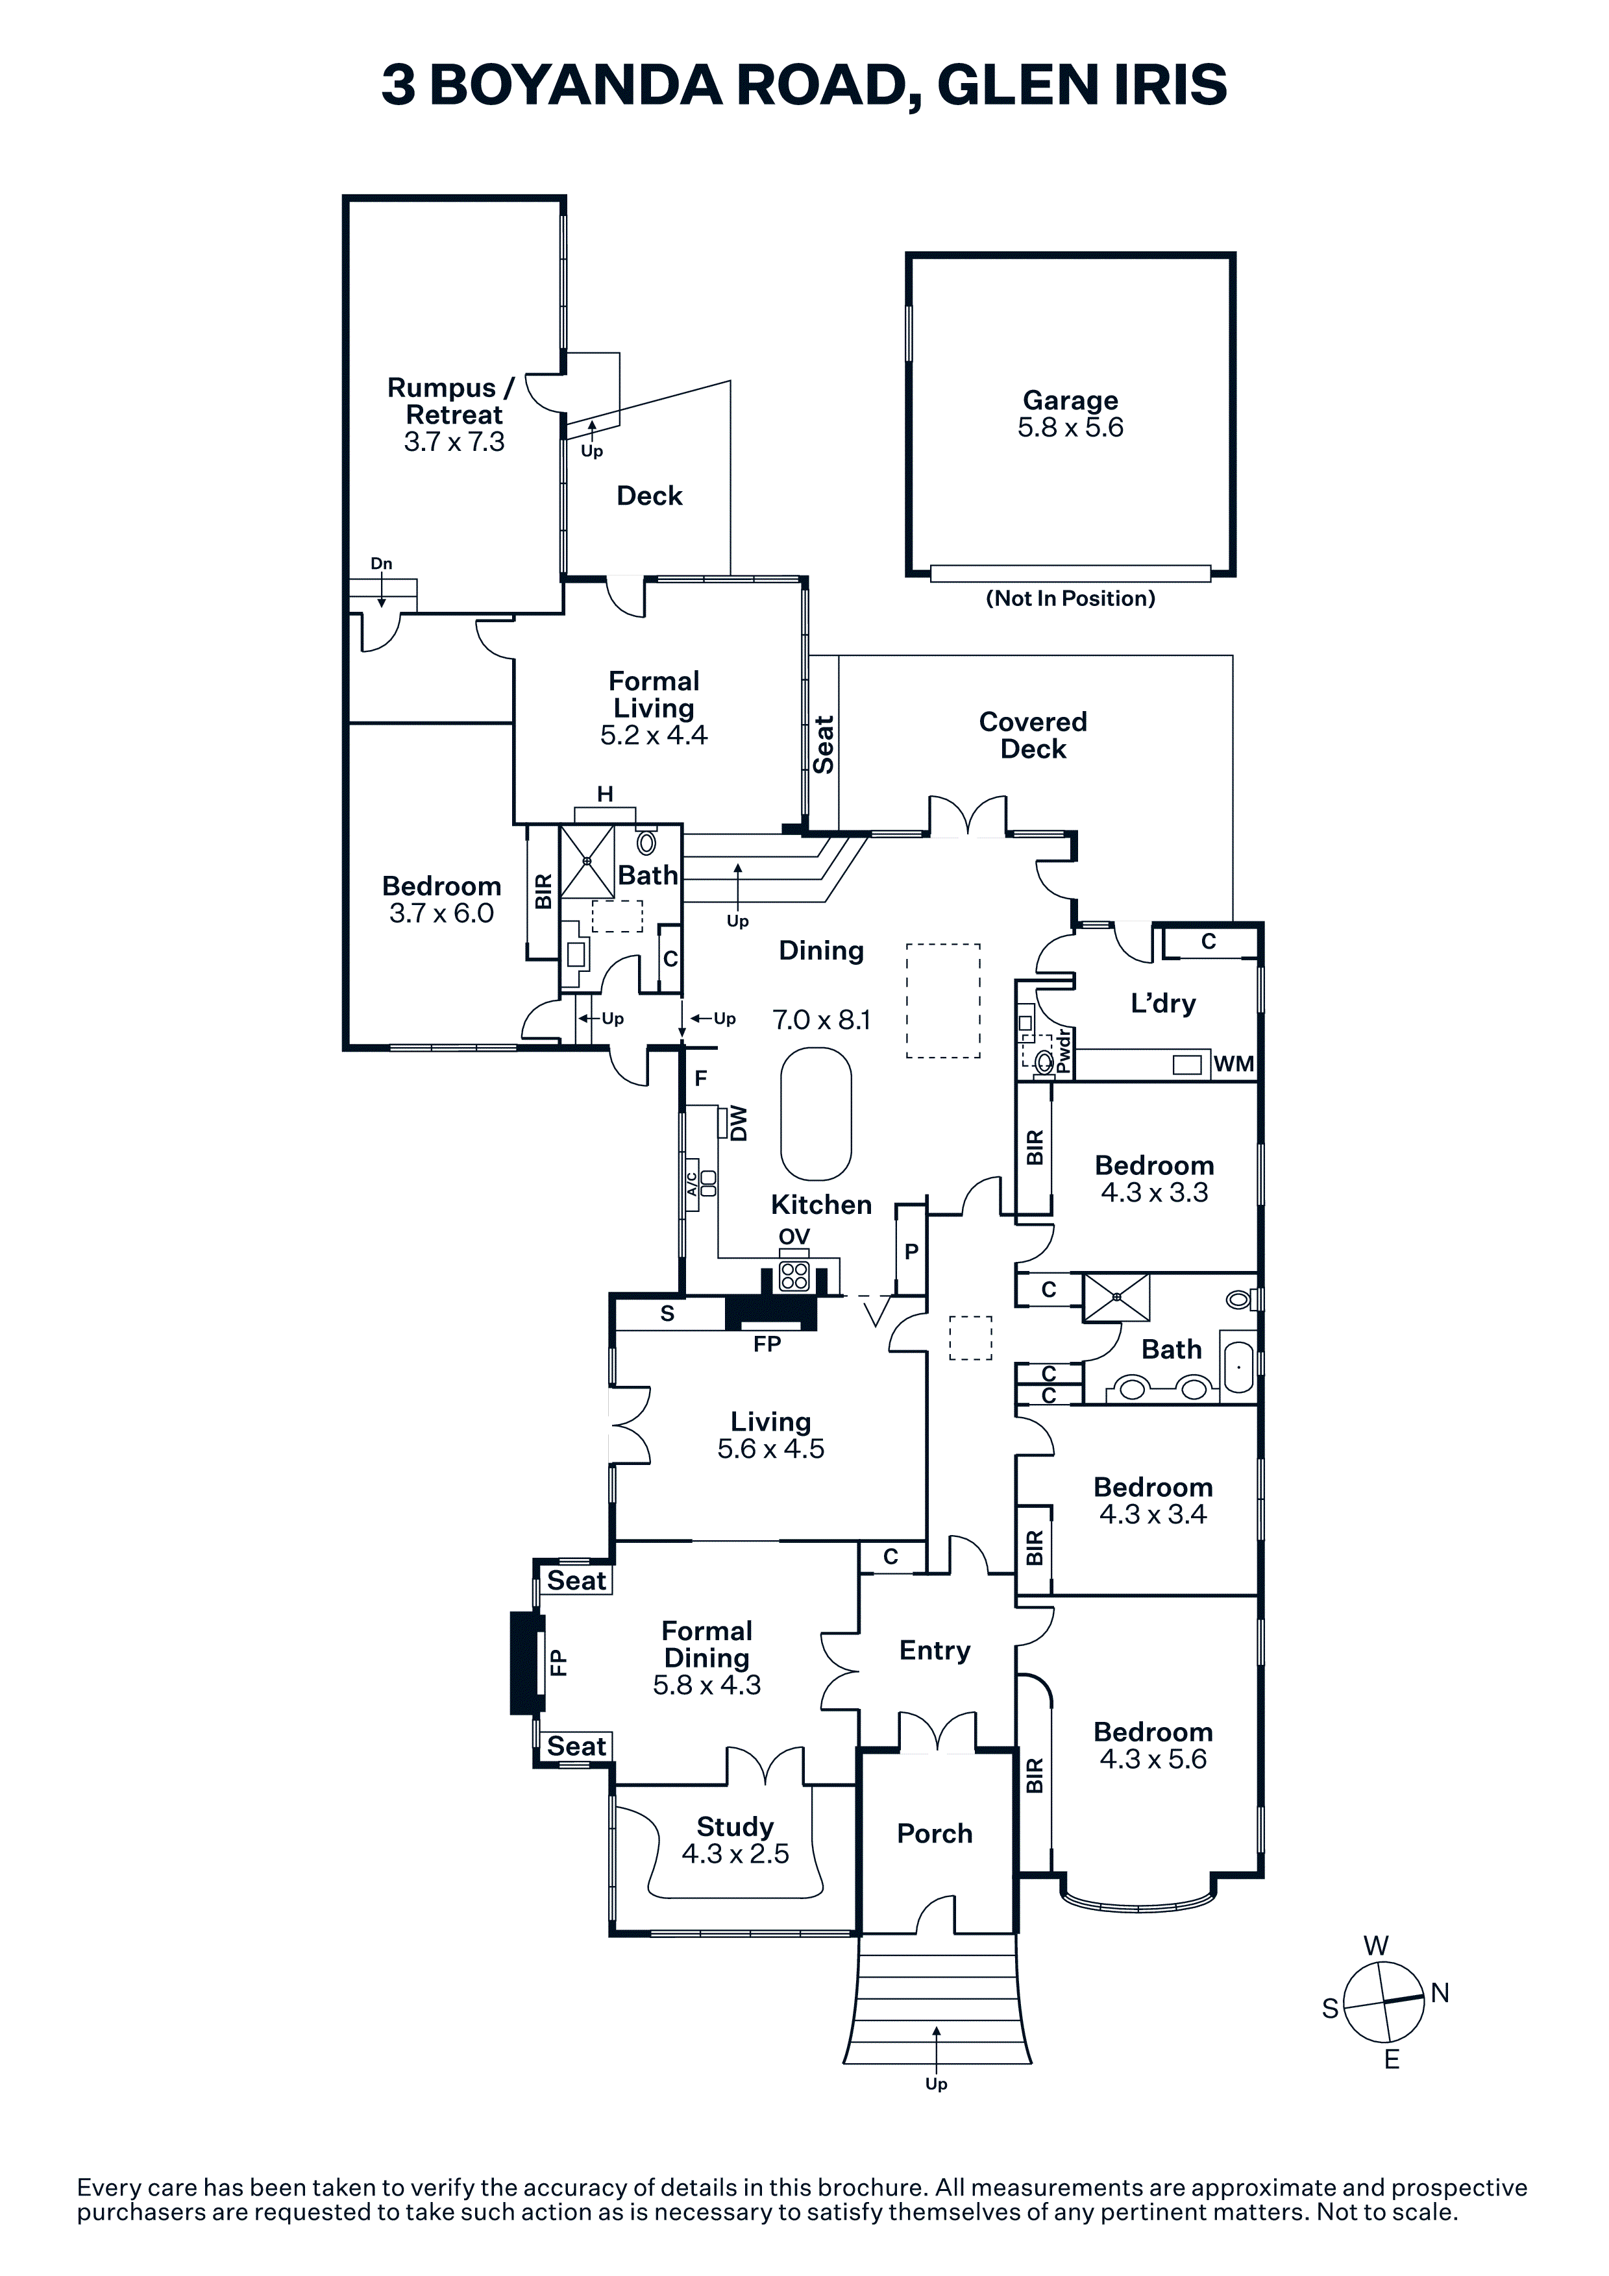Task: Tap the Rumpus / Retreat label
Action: pos(452,402)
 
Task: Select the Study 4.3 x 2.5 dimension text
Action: pos(735,1854)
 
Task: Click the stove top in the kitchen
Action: pos(794,1276)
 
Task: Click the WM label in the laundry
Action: pos(1233,1063)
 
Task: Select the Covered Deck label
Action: pos(1033,736)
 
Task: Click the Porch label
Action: pos(934,1834)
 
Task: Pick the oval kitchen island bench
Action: pos(816,1114)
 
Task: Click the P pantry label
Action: pos(911,1252)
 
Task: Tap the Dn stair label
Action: pos(382,564)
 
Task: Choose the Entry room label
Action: pos(934,1651)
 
